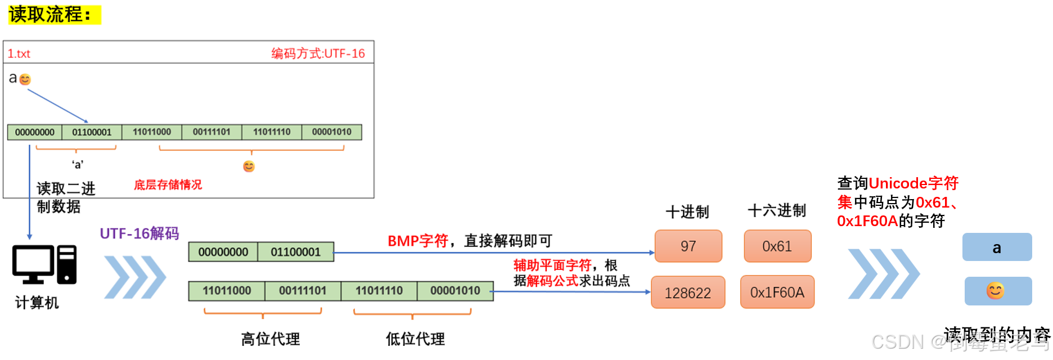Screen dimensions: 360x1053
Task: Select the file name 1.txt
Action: tap(19, 54)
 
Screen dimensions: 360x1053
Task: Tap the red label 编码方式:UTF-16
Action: tap(318, 53)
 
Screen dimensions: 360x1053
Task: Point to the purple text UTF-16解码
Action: tap(139, 233)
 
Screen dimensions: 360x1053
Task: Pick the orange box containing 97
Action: tap(688, 246)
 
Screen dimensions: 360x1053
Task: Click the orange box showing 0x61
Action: tap(777, 246)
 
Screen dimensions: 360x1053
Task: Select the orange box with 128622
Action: tap(687, 292)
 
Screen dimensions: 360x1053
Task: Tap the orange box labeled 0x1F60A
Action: tap(777, 292)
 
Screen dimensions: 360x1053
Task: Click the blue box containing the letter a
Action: tap(997, 247)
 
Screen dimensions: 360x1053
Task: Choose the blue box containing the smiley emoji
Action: tap(998, 291)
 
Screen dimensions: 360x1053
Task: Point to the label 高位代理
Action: tap(270, 339)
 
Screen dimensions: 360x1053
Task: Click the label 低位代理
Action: tap(415, 339)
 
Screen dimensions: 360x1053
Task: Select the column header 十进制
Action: tap(687, 212)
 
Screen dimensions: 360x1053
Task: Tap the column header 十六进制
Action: tap(776, 211)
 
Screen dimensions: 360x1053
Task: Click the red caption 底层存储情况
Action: tap(168, 184)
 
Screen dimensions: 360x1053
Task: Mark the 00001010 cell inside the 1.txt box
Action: tap(331, 132)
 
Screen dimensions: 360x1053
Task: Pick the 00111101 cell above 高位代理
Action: tap(303, 291)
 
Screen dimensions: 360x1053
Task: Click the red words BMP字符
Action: tap(417, 241)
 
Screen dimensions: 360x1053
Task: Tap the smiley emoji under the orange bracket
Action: tap(249, 166)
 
